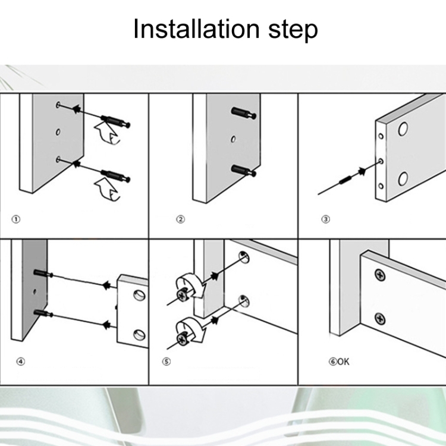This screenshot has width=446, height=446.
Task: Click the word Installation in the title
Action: point(196,29)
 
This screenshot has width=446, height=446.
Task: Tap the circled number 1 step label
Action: point(16,219)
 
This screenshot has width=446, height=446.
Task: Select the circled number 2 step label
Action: point(180,219)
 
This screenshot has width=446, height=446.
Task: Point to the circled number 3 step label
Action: point(326,219)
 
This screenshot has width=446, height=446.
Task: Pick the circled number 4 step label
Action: point(21,362)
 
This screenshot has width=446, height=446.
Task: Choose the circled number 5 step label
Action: point(167,362)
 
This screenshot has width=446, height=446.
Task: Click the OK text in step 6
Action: point(343,362)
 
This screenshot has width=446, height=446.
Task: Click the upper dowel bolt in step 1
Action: point(116,121)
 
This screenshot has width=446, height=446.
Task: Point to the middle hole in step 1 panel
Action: point(58,132)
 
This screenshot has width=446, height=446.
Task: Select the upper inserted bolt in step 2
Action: point(244,112)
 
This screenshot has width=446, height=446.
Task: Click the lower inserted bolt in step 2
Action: point(244,171)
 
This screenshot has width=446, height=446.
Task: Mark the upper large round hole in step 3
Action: point(403,129)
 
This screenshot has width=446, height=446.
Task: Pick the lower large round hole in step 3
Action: point(403,178)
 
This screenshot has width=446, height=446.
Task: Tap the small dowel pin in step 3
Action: point(345,180)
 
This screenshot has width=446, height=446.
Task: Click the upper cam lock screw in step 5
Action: point(182,295)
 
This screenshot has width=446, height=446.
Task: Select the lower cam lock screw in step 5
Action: point(182,338)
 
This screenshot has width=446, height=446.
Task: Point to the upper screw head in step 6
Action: point(380,275)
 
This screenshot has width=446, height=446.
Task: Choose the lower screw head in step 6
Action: point(380,319)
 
